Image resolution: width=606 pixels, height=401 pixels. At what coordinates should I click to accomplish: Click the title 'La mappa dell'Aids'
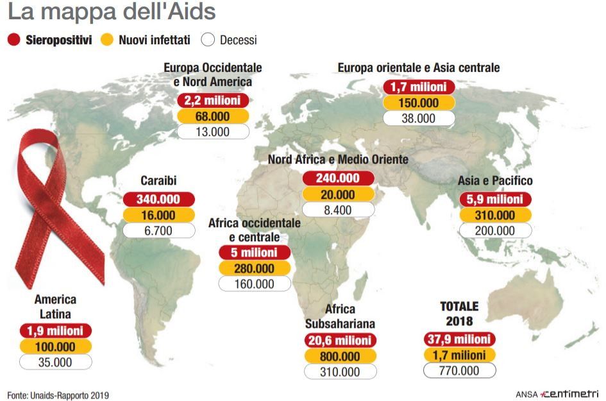pyautogui.click(x=112, y=12)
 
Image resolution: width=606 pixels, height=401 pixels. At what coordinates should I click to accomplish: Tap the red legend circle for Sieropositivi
pyautogui.click(x=15, y=40)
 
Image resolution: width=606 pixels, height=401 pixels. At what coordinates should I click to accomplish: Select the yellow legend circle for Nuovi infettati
pyautogui.click(x=108, y=40)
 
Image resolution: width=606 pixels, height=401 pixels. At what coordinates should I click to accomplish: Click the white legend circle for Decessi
pyautogui.click(x=208, y=40)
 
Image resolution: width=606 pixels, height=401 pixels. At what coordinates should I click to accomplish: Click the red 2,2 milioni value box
pyautogui.click(x=213, y=101)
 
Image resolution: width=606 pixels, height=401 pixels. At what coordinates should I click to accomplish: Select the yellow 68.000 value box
pyautogui.click(x=213, y=116)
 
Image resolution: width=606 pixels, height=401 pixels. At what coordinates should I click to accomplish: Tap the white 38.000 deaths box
pyautogui.click(x=419, y=118)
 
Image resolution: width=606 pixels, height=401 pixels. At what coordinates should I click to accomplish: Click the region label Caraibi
pyautogui.click(x=158, y=181)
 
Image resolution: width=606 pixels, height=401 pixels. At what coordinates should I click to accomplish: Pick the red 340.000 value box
pyautogui.click(x=158, y=200)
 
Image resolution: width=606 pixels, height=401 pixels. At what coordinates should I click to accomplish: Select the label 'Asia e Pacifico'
pyautogui.click(x=495, y=181)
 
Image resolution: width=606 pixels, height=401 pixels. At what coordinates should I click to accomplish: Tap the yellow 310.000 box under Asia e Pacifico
pyautogui.click(x=495, y=215)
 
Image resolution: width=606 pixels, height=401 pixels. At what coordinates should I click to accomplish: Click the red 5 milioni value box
pyautogui.click(x=255, y=253)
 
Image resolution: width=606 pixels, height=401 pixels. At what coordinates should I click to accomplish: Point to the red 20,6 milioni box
pyautogui.click(x=341, y=341)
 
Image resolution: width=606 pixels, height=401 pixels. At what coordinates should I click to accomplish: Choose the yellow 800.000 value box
pyautogui.click(x=341, y=356)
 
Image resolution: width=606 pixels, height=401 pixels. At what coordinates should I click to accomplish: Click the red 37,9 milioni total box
pyautogui.click(x=459, y=339)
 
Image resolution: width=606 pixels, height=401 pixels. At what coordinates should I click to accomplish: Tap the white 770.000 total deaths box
pyautogui.click(x=459, y=370)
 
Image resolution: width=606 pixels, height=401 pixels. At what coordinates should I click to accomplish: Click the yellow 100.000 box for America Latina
pyautogui.click(x=55, y=347)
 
